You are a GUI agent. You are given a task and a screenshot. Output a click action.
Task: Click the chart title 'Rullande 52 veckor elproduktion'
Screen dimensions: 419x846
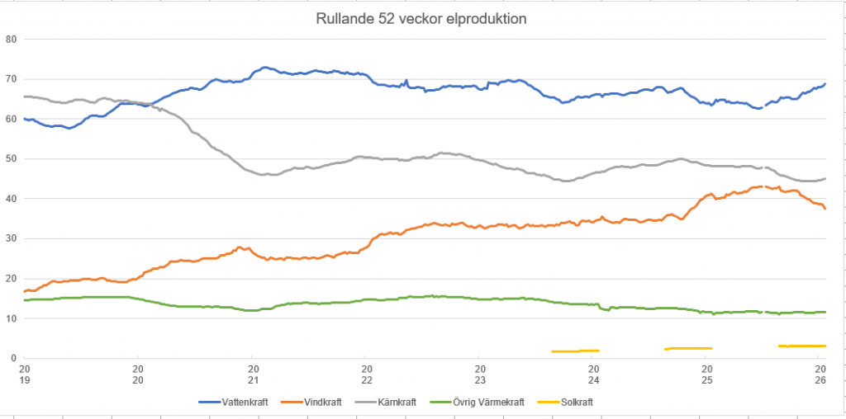pyautogui.click(x=421, y=18)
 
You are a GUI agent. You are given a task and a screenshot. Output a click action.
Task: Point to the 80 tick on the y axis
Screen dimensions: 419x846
pyautogui.click(x=11, y=39)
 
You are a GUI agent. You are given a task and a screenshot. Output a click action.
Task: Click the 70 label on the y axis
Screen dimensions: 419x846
pyautogui.click(x=11, y=79)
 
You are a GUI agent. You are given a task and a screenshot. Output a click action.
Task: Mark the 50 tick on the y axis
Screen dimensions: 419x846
pyautogui.click(x=11, y=158)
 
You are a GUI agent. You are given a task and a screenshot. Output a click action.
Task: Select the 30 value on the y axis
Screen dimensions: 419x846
pyautogui.click(x=11, y=238)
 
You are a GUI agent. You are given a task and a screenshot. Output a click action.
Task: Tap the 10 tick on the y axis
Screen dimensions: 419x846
pyautogui.click(x=11, y=318)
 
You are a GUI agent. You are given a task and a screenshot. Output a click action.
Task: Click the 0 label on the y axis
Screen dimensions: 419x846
pyautogui.click(x=14, y=358)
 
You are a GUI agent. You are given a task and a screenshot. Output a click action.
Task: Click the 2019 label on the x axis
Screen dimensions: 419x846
pyautogui.click(x=25, y=374)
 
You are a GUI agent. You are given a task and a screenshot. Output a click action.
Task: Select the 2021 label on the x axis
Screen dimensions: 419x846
pyautogui.click(x=253, y=374)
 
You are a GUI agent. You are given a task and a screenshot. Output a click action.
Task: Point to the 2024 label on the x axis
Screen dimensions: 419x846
pyautogui.click(x=593, y=374)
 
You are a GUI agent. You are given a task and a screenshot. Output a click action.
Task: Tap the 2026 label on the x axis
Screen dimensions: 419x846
pyautogui.click(x=820, y=374)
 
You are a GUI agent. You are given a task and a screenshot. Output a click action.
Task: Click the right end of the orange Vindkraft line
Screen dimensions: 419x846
pyautogui.click(x=825, y=208)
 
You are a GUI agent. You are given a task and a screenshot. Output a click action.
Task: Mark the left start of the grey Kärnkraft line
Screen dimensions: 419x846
pyautogui.click(x=26, y=97)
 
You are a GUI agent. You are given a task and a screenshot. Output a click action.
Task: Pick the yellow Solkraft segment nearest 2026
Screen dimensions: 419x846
pyautogui.click(x=801, y=346)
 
